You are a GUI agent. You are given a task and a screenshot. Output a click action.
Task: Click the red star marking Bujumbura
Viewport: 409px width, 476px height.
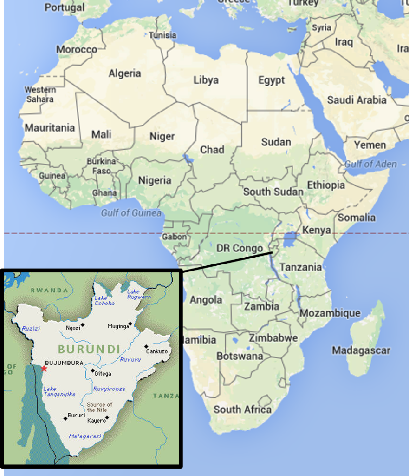coord(44,369)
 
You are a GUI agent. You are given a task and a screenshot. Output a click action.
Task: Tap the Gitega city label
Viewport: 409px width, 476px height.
coord(103,373)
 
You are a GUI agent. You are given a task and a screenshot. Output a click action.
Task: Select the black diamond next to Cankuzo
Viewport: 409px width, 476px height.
coord(146,346)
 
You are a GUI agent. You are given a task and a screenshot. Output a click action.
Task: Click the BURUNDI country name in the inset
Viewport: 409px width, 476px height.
coord(89,349)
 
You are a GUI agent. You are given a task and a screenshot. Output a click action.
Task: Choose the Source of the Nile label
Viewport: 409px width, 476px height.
coord(99,407)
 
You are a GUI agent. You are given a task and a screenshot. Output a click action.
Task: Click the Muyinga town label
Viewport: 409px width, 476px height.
coord(118,326)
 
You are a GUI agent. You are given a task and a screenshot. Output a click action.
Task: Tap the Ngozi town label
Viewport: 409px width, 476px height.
coord(73,327)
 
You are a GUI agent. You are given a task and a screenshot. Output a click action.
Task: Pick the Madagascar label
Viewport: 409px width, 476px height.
coord(361,350)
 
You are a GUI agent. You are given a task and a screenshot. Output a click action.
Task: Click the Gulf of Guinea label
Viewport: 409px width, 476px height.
coord(131,213)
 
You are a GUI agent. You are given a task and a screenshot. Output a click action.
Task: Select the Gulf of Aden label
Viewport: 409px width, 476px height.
coord(370,164)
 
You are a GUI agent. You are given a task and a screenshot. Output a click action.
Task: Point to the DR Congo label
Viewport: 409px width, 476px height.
coord(240,249)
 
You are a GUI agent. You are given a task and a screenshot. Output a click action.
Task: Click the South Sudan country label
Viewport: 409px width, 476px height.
coord(273,192)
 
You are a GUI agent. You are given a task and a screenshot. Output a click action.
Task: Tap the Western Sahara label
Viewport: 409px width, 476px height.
coord(40,94)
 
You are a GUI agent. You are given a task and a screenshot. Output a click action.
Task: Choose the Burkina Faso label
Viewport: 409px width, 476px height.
coord(101,166)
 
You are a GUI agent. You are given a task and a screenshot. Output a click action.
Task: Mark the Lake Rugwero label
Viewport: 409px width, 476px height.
coord(139,294)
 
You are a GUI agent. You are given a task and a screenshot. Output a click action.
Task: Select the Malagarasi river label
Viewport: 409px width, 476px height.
coord(85,436)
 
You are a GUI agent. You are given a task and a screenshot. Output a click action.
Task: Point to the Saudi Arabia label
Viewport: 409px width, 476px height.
coord(357,100)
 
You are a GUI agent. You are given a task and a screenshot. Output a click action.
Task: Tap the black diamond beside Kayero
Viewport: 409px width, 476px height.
coord(107,417)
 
